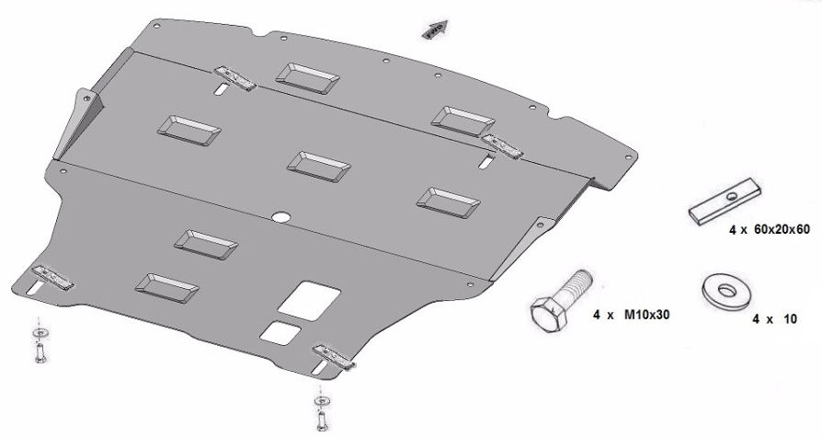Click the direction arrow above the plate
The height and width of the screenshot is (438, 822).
click(435, 29)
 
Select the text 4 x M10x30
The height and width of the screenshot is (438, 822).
click(631, 315)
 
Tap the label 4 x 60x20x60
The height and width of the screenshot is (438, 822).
click(769, 229)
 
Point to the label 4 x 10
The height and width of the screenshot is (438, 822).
click(774, 319)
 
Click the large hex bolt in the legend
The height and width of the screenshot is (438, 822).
click(559, 302)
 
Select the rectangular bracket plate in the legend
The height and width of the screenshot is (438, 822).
click(725, 202)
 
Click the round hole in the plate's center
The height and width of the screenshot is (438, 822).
click(282, 216)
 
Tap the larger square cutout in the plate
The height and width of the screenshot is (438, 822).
click(309, 300)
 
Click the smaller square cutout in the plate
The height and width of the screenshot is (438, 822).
click(280, 333)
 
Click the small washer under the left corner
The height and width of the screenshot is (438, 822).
click(40, 332)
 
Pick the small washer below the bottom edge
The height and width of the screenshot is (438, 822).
click(322, 401)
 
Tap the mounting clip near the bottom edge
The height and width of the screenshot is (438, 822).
click(334, 356)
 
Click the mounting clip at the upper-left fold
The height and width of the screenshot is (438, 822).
click(234, 77)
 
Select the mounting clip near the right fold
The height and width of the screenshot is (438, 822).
click(502, 145)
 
